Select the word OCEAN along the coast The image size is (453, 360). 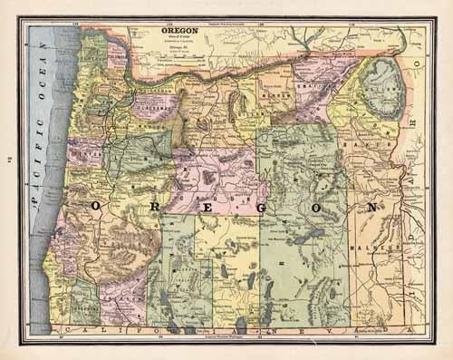tap(42, 86)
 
